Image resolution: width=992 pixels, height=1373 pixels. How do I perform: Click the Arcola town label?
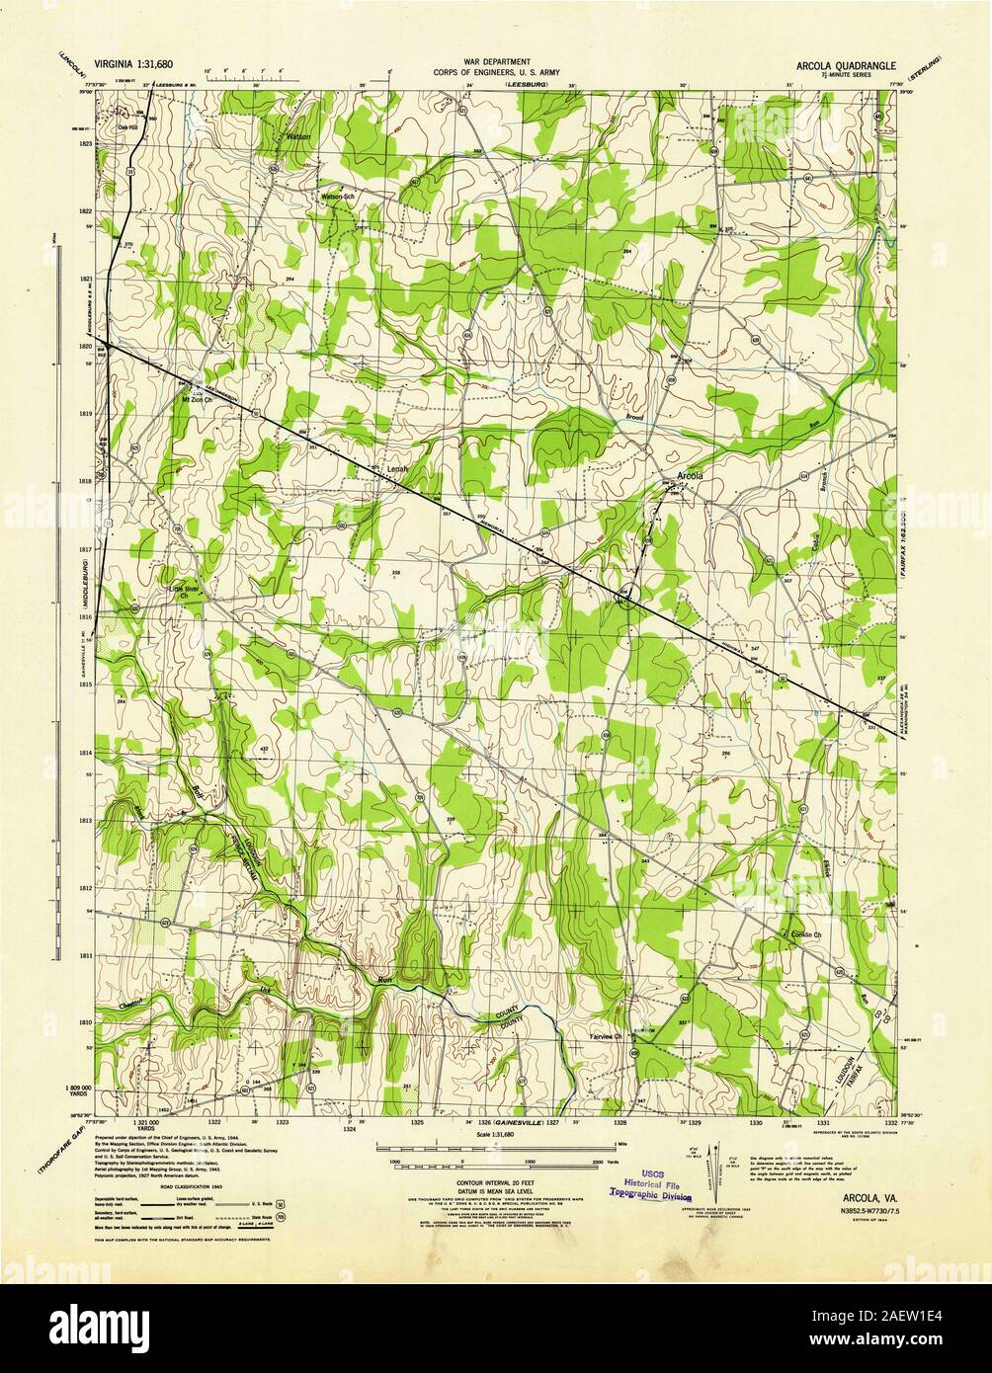(x=691, y=476)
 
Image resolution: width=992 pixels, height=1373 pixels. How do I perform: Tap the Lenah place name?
(x=397, y=470)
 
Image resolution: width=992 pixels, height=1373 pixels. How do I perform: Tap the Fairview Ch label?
(x=605, y=1036)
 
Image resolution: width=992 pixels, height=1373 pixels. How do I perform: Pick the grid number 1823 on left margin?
(x=86, y=144)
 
